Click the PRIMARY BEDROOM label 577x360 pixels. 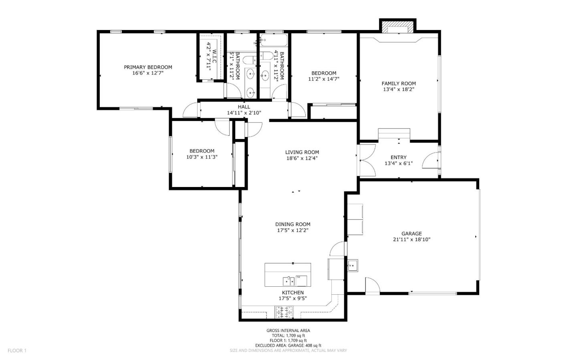click(x=148, y=67)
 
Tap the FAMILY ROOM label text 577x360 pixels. click(x=398, y=84)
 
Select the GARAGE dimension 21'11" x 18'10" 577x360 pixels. click(x=412, y=239)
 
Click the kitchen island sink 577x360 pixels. click(x=288, y=280)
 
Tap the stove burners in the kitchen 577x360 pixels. click(x=284, y=312)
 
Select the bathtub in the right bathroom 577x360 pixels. click(x=274, y=40)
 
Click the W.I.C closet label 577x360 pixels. click(x=214, y=56)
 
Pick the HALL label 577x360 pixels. click(x=244, y=107)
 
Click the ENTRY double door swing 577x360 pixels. click(x=367, y=160)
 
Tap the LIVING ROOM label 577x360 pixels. click(x=302, y=152)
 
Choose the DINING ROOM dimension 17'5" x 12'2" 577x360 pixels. click(x=293, y=230)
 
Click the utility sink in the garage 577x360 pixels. click(x=352, y=265)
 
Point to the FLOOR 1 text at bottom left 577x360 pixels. click(x=17, y=350)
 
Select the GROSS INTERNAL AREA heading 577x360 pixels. click(x=288, y=330)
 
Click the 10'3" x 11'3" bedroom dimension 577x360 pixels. click(x=202, y=157)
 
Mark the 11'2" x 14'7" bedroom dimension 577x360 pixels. click(x=324, y=79)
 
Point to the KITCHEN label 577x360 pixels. click(x=293, y=293)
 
